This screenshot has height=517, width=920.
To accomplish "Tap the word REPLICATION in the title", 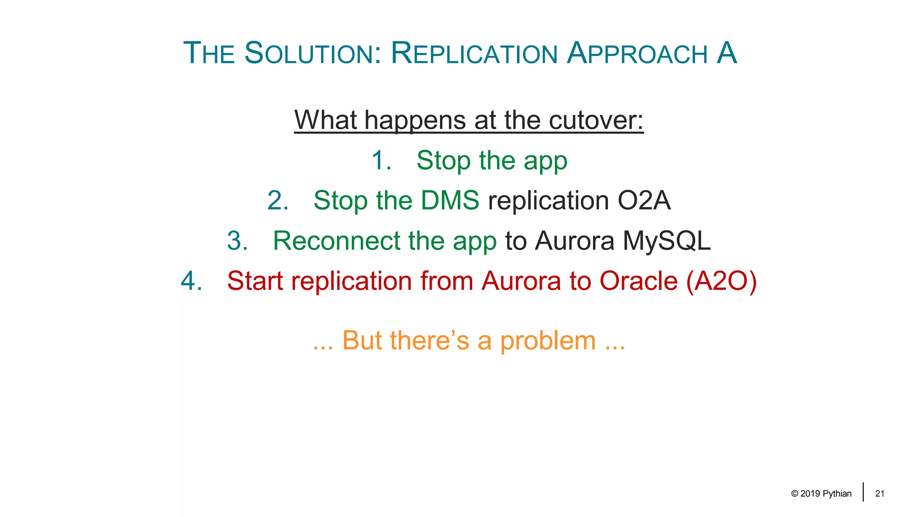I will point(474,53).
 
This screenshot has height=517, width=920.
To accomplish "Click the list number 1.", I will point(381,160).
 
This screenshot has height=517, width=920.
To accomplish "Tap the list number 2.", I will point(278,200).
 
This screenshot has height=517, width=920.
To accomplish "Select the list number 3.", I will point(237,241).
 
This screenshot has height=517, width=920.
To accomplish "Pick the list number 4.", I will point(191,281).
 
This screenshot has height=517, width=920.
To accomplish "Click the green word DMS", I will point(450,200).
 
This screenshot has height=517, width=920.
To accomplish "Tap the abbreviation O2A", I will point(644,200).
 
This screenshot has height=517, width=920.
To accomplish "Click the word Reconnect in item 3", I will point(336,241).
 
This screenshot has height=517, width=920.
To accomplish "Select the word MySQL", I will point(667,241).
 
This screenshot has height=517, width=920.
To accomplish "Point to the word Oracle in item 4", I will point(638,281).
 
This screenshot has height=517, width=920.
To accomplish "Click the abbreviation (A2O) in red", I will point(721,281).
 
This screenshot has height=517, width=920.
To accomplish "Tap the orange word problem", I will point(548,341).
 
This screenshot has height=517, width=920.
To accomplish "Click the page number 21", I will point(880,494).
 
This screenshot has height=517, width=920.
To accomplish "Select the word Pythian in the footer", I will point(837,494).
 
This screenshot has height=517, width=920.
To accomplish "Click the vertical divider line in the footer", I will point(863,492).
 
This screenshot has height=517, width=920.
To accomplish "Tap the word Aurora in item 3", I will point(575,241).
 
